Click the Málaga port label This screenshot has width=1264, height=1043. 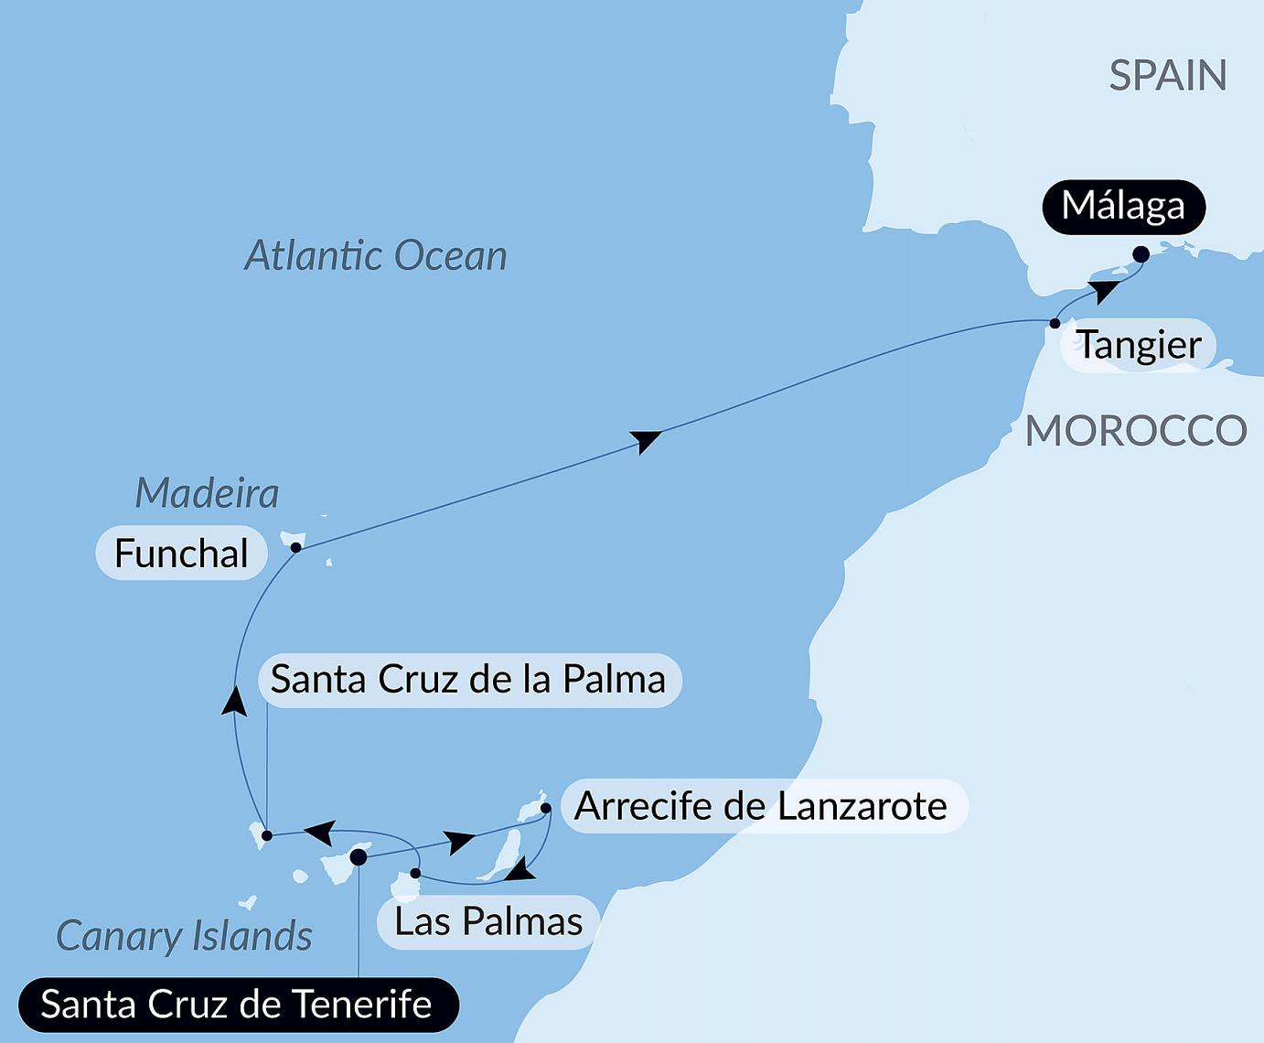pyautogui.click(x=1123, y=207)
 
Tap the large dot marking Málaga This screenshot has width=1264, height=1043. pyautogui.click(x=1141, y=254)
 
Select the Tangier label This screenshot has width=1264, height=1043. pyautogui.click(x=1139, y=346)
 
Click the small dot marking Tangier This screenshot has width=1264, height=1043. pyautogui.click(x=1055, y=323)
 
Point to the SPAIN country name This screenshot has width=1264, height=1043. pyautogui.click(x=1168, y=75)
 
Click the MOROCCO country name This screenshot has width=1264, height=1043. pyautogui.click(x=1136, y=431)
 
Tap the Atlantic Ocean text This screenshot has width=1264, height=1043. pyautogui.click(x=375, y=256)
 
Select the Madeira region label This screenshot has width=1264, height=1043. pyautogui.click(x=207, y=494)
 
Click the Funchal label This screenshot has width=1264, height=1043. pyautogui.click(x=181, y=554)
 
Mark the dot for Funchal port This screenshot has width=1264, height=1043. pyautogui.click(x=295, y=547)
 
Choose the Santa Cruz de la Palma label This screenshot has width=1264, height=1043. pyautogui.click(x=468, y=680)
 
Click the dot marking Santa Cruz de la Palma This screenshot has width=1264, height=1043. pyautogui.click(x=266, y=835)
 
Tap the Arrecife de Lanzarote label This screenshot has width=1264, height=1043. pyautogui.click(x=761, y=807)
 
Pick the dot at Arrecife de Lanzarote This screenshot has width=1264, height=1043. pyautogui.click(x=546, y=808)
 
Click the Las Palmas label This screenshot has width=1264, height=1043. pyautogui.click(x=488, y=921)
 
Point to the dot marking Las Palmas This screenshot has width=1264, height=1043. pyautogui.click(x=415, y=873)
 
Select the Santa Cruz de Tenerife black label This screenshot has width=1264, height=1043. pyautogui.click(x=236, y=1005)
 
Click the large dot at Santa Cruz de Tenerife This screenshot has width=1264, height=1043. pyautogui.click(x=359, y=856)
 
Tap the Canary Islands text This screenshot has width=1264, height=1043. pyautogui.click(x=184, y=936)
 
